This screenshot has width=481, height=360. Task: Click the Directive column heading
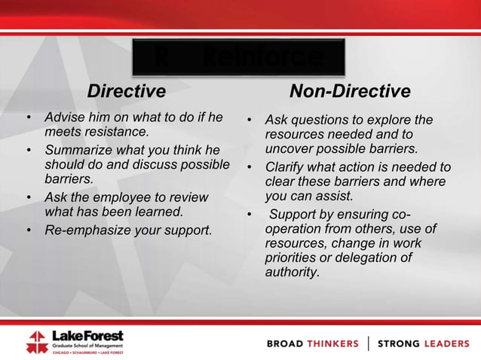coord(126,92)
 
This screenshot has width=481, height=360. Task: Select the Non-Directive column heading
coord(350,92)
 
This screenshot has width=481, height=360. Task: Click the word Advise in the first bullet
coord(63,117)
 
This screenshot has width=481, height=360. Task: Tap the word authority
coord(292,271)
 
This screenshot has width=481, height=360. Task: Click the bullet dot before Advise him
coord(29,118)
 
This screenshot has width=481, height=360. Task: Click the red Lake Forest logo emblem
coord(36,341)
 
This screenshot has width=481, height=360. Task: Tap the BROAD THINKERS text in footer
coord(313,343)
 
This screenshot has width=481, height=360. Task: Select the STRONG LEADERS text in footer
coord(423,343)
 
